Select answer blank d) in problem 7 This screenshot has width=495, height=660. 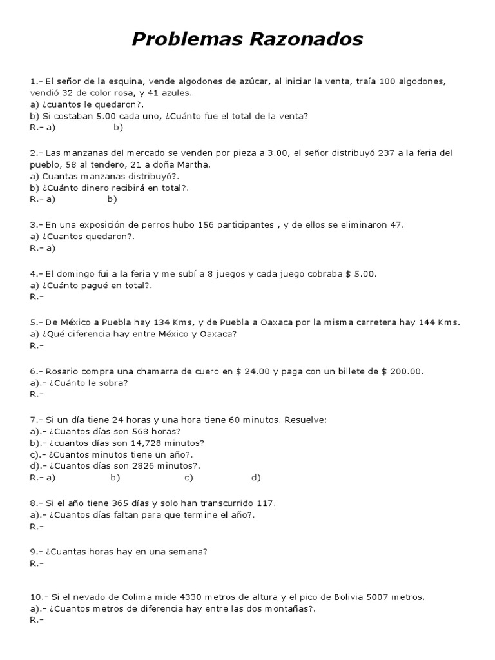[x=256, y=478]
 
